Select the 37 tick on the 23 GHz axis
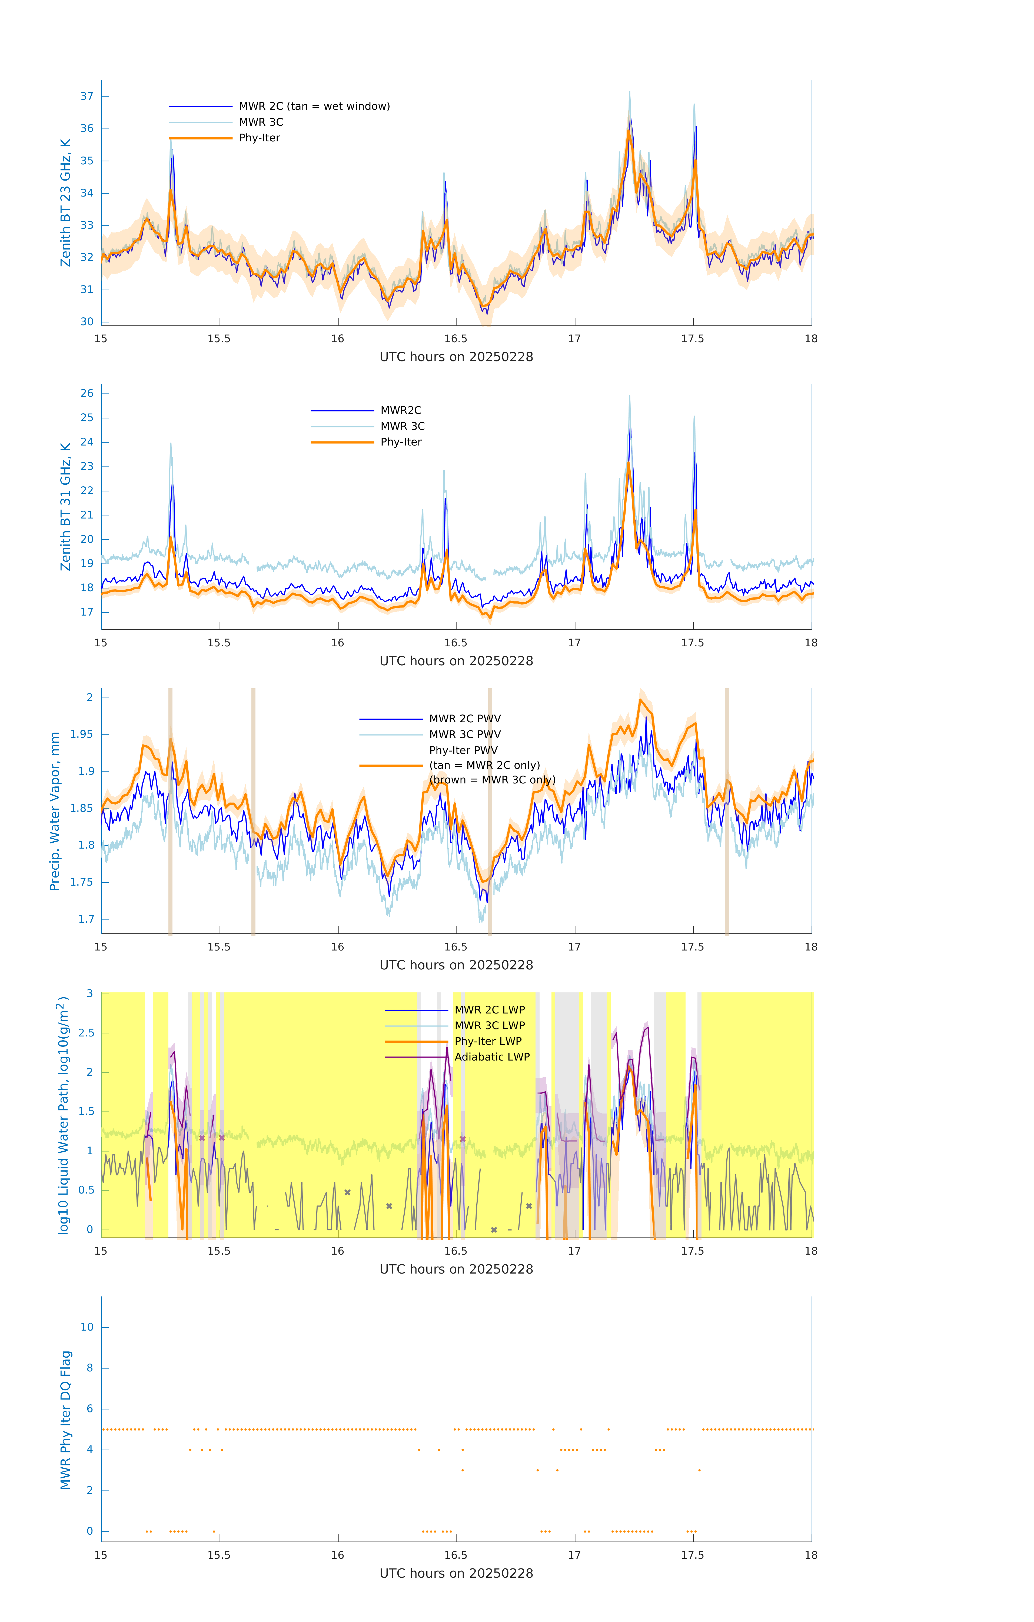pyautogui.click(x=87, y=96)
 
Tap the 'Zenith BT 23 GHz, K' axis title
pyautogui.click(x=65, y=203)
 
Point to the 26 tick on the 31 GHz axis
pyautogui.click(x=87, y=393)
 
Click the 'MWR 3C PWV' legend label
pyautogui.click(x=465, y=734)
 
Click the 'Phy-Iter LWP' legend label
pyautogui.click(x=488, y=1041)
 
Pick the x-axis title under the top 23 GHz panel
pyautogui.click(x=456, y=357)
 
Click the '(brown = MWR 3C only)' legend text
pyautogui.click(x=493, y=780)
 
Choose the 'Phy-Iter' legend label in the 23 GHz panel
pyautogui.click(x=259, y=138)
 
